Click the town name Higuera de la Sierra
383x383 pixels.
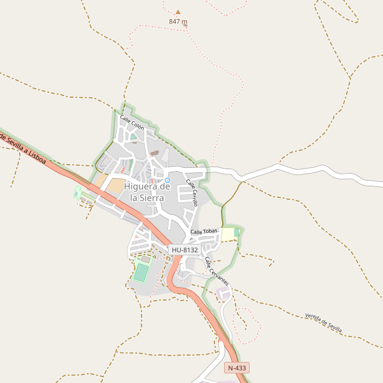[x=147, y=192]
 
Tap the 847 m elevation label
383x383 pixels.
[x=178, y=21]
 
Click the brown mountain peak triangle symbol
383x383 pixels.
[x=178, y=11]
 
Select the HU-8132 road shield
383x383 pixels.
[x=184, y=250]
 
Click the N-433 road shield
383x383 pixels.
[x=237, y=368]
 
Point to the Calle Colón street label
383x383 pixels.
[x=132, y=123]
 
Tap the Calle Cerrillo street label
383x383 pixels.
[x=192, y=192]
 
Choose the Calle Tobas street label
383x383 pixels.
[x=204, y=231]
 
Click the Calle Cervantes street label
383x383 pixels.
[x=216, y=271]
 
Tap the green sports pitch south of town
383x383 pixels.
[x=140, y=273]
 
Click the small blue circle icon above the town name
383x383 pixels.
[x=168, y=180]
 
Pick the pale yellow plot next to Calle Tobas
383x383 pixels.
[x=228, y=235]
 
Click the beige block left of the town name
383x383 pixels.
[x=115, y=186]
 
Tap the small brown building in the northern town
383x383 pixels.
[x=154, y=153]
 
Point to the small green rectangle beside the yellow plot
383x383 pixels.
[x=237, y=232]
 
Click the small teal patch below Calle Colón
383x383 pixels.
[x=133, y=136]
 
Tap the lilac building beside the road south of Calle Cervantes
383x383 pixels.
[x=223, y=294]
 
